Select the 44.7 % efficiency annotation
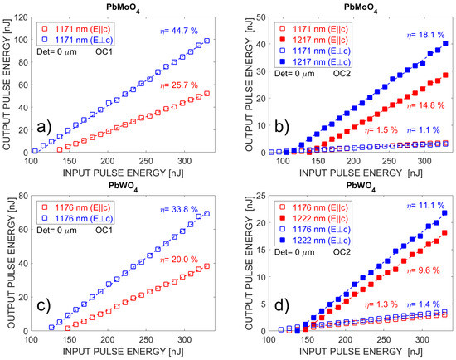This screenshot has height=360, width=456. [177, 32]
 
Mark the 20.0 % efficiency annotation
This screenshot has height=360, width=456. [189, 259]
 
